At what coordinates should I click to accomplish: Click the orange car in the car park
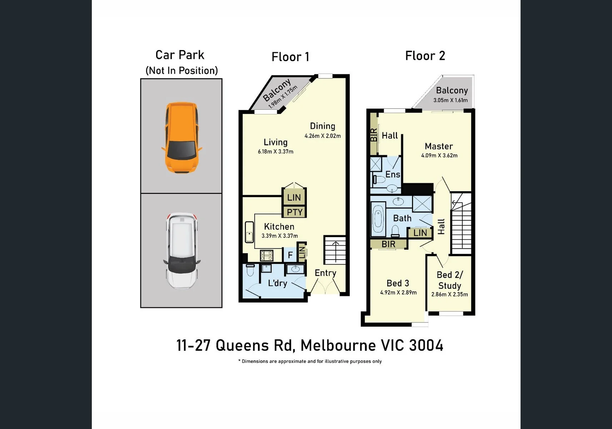[x=182, y=138]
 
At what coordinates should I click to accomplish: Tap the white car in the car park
[x=182, y=251]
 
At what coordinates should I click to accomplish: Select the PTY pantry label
[x=294, y=212]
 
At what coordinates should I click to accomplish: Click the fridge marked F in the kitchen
[x=290, y=255]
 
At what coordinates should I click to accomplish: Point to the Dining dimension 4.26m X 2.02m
[x=323, y=136]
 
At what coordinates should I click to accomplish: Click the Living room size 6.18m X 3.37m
[x=275, y=152]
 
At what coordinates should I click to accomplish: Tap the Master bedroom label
[x=439, y=146]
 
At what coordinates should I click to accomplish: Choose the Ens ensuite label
[x=393, y=174]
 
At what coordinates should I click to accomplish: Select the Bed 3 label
[x=398, y=283]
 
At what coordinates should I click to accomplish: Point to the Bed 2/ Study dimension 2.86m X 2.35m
[x=449, y=295]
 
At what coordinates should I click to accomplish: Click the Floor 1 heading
[x=290, y=57]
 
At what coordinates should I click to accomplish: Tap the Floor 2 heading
[x=425, y=56]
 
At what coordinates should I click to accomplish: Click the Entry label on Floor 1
[x=325, y=273]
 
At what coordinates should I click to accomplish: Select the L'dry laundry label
[x=278, y=283]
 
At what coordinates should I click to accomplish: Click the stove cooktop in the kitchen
[x=267, y=256]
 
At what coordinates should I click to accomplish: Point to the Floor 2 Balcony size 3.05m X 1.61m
[x=451, y=100]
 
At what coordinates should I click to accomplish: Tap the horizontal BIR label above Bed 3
[x=388, y=244]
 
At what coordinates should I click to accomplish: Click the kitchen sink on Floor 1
[x=249, y=232]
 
